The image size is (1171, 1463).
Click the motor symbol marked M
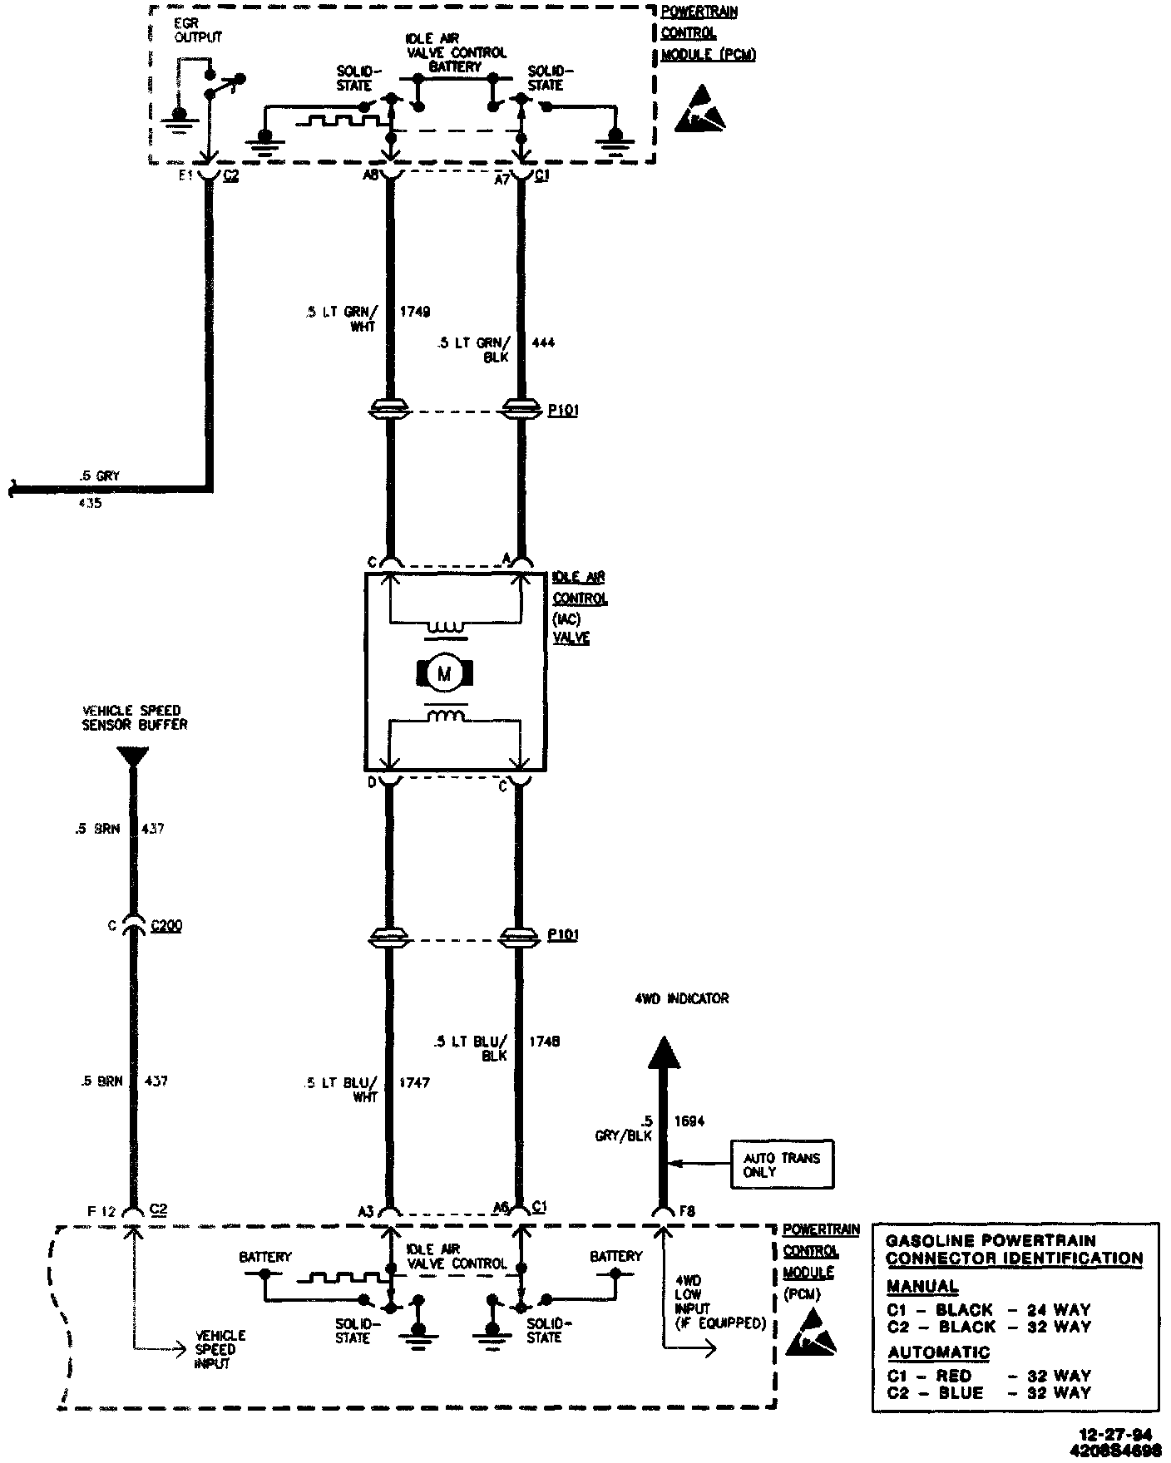coord(443,673)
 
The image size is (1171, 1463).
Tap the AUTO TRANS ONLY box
coord(782,1165)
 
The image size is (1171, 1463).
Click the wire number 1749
coord(415,312)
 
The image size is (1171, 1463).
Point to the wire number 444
coord(542,342)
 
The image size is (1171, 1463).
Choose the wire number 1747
coord(413,1082)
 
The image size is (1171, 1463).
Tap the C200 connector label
coord(166,925)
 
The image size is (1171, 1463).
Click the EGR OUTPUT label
coord(198,31)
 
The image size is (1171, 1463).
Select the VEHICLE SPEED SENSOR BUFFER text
coord(135,717)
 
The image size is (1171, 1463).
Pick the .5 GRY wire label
coord(99,476)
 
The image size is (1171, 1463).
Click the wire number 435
coord(89,503)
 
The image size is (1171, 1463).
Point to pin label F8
coord(687,1212)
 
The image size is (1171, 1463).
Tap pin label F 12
coord(106,1212)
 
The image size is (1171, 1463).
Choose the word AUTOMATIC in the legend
coord(938,1352)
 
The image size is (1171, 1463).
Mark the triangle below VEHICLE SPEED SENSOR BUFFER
coord(133,756)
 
